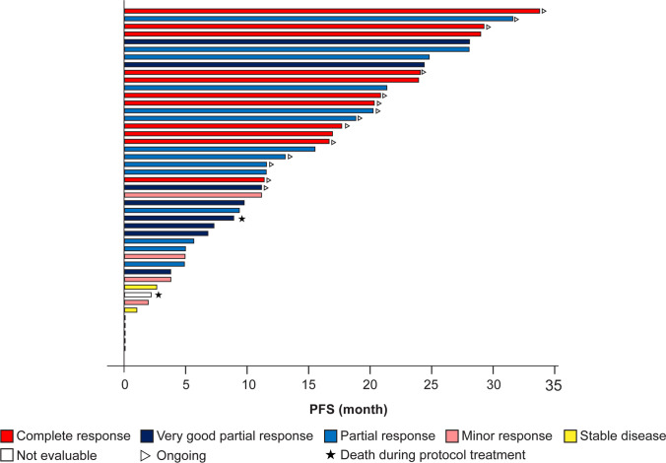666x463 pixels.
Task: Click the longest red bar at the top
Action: point(331,11)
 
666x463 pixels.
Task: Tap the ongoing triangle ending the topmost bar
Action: point(544,11)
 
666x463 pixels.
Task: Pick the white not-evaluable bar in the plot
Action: point(138,295)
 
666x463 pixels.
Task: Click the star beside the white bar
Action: point(159,295)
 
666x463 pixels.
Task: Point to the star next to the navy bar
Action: point(241,219)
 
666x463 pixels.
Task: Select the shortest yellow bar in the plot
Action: point(130,310)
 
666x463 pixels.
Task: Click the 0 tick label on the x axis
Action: point(124,386)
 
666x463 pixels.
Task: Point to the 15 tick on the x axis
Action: point(308,386)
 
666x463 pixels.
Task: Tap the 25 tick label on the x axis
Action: point(432,386)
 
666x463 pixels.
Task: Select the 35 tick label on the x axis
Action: point(555,385)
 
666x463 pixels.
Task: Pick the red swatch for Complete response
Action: point(8,435)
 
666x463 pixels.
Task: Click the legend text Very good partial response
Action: point(233,435)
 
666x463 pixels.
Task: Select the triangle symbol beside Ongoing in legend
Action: point(144,454)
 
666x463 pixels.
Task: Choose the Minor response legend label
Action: point(501,435)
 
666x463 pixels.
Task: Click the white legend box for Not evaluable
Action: point(8,454)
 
